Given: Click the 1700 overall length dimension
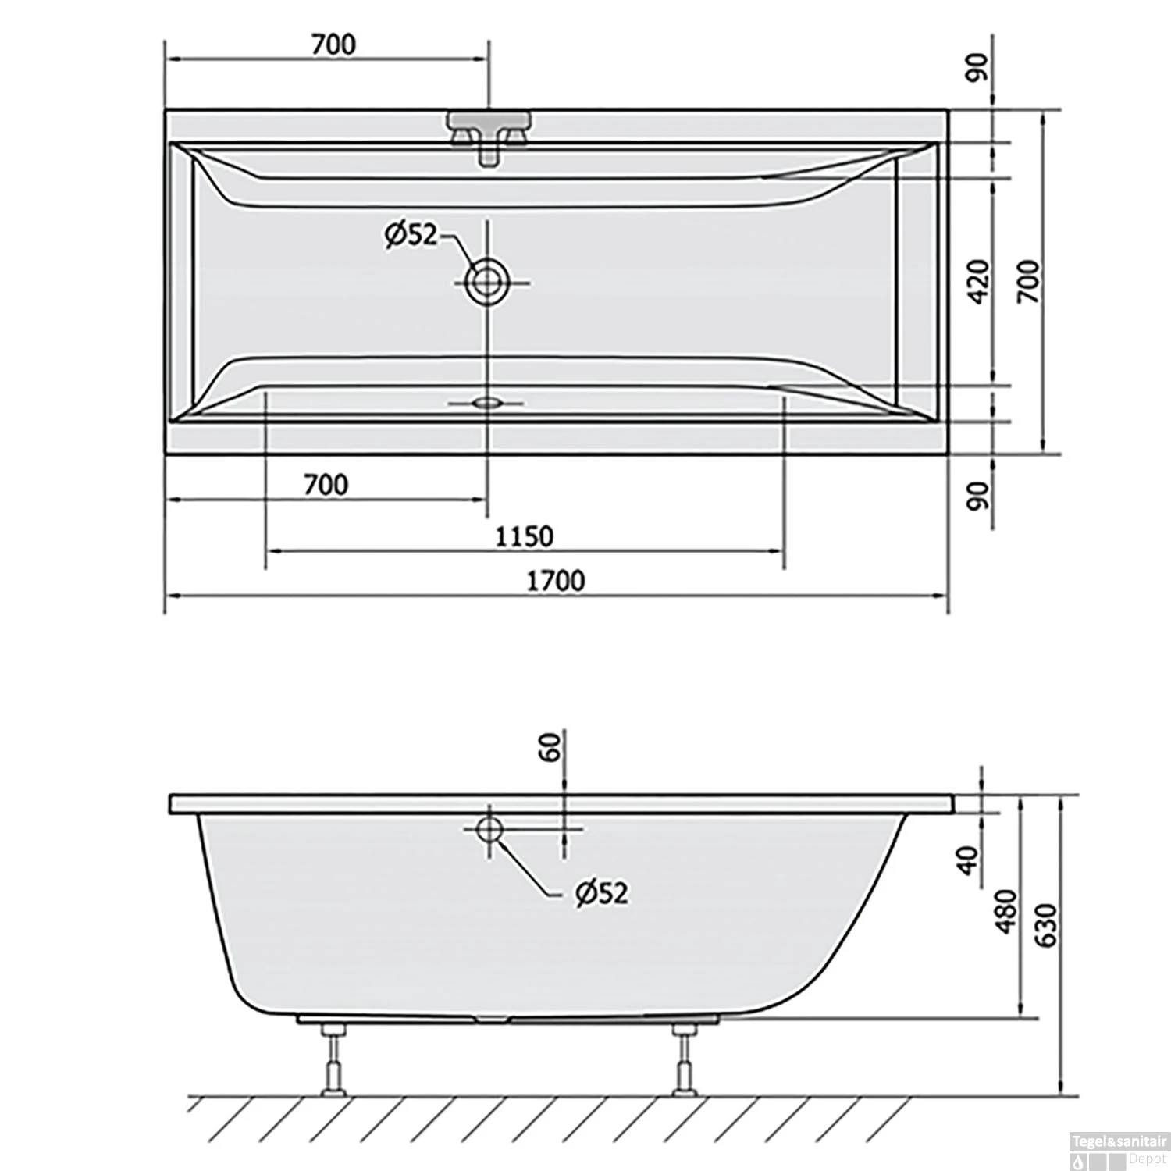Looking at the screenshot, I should (555, 581).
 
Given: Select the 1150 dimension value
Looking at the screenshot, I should (524, 536).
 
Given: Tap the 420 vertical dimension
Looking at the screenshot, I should (979, 282).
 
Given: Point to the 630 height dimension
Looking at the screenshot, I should (1046, 925).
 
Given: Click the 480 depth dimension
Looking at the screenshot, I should (1006, 910).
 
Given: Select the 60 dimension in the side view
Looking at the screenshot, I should (551, 747).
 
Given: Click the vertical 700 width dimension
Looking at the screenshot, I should (1029, 282).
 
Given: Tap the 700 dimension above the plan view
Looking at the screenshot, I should (333, 44).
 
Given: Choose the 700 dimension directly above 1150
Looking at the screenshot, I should (326, 485).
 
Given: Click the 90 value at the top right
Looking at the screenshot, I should (979, 68).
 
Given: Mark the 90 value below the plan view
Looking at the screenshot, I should (979, 495).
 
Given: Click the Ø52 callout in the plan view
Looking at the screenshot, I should (411, 234).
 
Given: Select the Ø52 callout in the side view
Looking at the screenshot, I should (601, 892).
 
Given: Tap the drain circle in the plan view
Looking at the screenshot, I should (487, 282).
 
